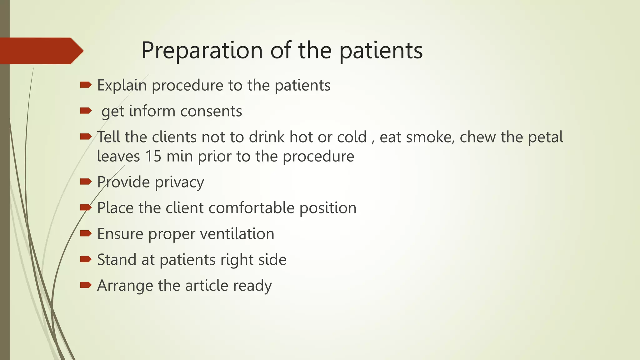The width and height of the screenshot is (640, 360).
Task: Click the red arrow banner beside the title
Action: pos(41,51)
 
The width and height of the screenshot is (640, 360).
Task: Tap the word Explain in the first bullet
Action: pos(122,85)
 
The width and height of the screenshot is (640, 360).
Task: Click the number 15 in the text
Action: pos(153,156)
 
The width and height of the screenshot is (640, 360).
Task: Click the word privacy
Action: pos(179,182)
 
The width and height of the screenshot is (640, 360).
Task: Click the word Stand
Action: pos(117,260)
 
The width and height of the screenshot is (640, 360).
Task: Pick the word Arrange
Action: pos(125,286)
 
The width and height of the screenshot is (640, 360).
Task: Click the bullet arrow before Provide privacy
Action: pos(86,182)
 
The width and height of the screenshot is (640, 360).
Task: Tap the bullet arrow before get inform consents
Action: pos(86,111)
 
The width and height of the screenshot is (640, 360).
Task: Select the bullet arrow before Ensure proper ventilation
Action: pos(86,233)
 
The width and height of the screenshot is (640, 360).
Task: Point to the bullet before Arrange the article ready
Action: pos(86,285)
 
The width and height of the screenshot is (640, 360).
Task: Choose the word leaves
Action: pos(118,156)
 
